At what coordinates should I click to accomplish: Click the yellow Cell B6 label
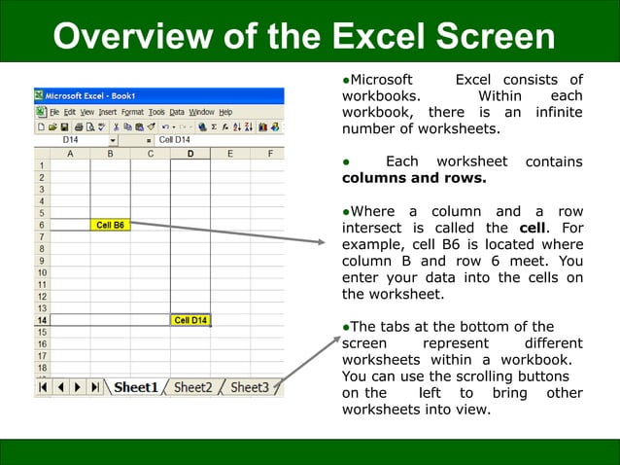[x=110, y=225]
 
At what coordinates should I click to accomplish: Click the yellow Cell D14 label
[x=189, y=320]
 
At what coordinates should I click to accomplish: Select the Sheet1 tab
[x=135, y=387]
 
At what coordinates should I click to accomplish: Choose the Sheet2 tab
[x=192, y=387]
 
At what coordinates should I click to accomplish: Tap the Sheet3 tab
[x=250, y=387]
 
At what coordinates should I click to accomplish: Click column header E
[x=229, y=154]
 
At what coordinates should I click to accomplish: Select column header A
[x=70, y=154]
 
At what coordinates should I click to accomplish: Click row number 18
[x=42, y=368]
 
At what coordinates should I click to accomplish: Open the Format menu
[x=132, y=112]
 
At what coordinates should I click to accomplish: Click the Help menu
[x=224, y=112]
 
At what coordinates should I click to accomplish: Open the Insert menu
[x=105, y=112]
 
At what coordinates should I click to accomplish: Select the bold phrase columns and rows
[x=413, y=178]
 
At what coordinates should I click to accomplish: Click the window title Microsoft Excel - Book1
[x=93, y=96]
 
